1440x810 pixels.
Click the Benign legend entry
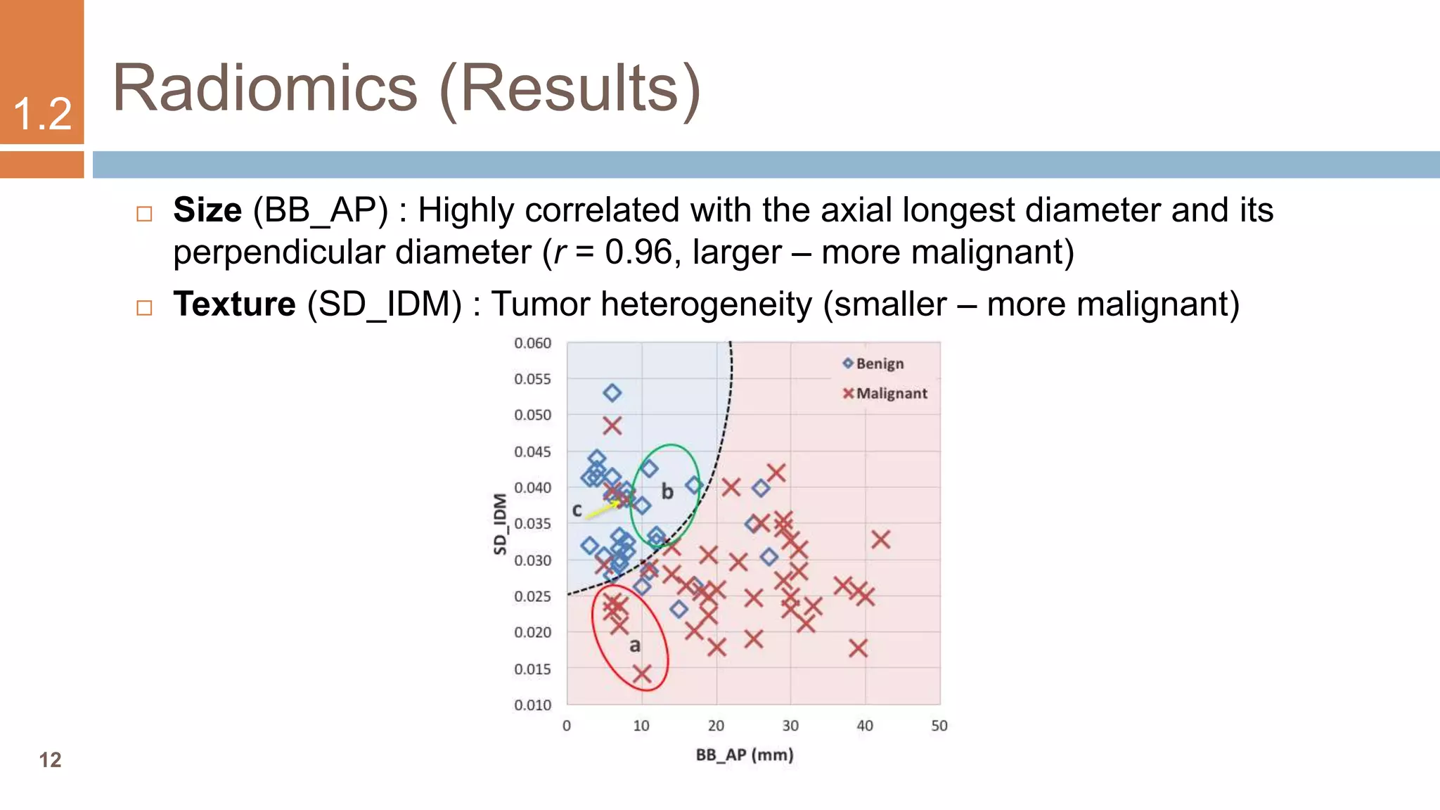coord(873,364)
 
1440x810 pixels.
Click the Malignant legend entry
coord(885,394)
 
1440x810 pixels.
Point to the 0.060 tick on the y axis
coord(532,343)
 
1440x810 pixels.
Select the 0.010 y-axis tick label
coord(532,705)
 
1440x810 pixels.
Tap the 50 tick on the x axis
coord(939,726)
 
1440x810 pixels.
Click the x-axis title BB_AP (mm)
coord(745,755)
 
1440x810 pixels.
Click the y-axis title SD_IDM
coord(500,524)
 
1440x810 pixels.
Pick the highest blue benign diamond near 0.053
coord(612,393)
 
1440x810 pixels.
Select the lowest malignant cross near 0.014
coord(641,674)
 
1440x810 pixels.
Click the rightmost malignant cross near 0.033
coord(881,540)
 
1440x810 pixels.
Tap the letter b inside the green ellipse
coord(667,491)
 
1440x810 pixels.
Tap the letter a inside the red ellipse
coord(635,645)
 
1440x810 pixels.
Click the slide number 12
coord(50,760)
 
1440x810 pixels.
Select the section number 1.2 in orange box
coord(42,114)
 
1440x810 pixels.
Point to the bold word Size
coord(207,210)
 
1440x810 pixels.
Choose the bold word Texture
coord(234,304)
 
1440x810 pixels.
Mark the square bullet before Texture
coord(144,308)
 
